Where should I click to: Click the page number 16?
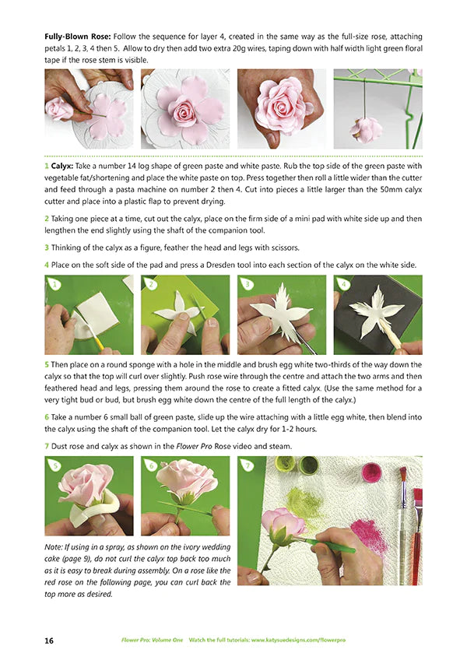coord(50,639)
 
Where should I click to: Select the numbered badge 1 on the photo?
coord(54,285)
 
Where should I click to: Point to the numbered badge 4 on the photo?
coord(343,285)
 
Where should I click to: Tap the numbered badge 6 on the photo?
coord(151,465)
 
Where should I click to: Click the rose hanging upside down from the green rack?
coord(366,128)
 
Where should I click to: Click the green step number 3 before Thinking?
coord(47,247)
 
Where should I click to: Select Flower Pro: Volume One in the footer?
coord(152,639)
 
